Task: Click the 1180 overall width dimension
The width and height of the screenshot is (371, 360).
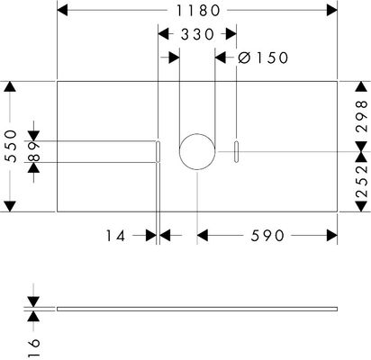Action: pos(198,11)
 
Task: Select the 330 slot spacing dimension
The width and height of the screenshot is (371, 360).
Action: pos(197,34)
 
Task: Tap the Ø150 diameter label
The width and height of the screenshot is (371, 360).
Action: pos(263,58)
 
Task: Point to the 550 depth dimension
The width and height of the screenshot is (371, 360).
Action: pos(12,146)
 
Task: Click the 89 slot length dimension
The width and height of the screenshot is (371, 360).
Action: pos(34,151)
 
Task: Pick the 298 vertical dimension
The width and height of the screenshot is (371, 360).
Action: pos(361,116)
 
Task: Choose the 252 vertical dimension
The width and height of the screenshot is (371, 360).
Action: pos(361,181)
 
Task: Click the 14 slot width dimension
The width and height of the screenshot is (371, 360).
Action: pos(115,236)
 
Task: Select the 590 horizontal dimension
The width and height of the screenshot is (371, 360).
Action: pos(267,236)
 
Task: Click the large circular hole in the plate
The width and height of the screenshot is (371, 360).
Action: pos(197,133)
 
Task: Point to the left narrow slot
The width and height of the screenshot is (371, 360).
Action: pos(158,151)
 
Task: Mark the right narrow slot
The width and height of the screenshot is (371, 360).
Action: pos(237,151)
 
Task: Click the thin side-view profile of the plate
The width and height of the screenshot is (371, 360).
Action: pos(197,309)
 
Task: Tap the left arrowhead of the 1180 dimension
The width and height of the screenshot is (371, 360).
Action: pos(62,11)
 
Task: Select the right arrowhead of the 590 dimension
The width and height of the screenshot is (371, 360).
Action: pos(332,236)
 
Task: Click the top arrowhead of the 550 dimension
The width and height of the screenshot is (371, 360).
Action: pos(11,86)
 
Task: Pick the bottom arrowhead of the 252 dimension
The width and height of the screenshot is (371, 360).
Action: pos(361,206)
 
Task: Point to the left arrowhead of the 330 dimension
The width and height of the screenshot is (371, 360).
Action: pos(163,34)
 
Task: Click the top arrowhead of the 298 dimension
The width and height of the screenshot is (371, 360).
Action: pos(361,86)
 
